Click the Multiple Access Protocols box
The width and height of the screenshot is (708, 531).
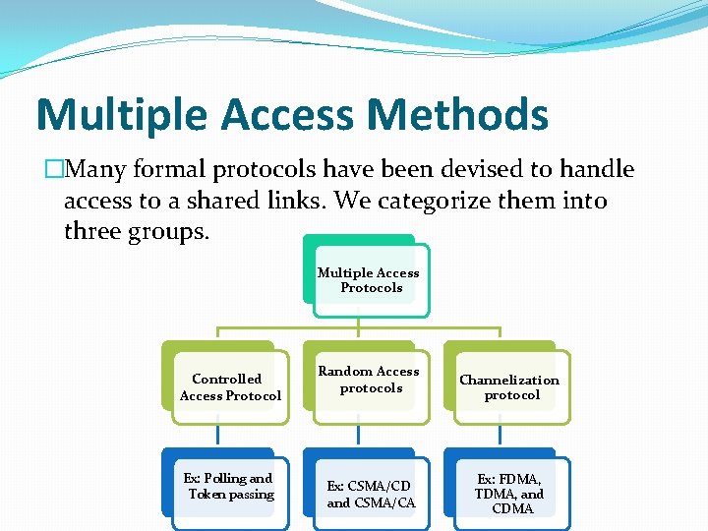coord(368,279)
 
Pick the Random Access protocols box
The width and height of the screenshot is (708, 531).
coord(369,380)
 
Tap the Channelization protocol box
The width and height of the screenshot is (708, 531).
coord(509,386)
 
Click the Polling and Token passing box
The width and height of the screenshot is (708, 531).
coord(229,486)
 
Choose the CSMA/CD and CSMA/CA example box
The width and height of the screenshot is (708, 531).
coord(371,494)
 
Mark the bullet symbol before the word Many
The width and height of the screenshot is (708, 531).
coord(53,169)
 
